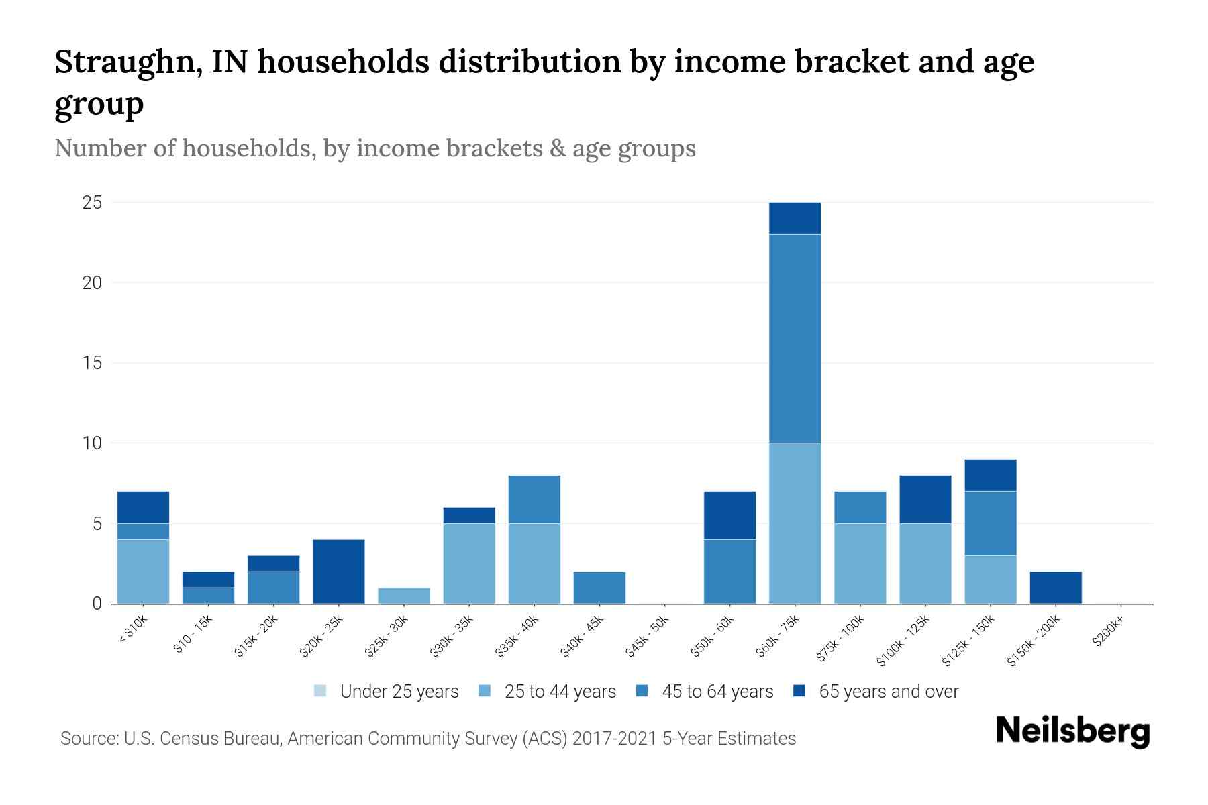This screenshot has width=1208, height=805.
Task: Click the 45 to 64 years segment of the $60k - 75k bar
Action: point(795,339)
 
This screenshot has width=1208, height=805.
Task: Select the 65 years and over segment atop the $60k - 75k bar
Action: point(795,218)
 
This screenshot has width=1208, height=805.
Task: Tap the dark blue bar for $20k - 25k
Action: point(339,572)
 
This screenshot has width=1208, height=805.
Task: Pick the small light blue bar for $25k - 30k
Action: point(404,596)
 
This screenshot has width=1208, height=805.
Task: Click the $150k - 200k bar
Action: point(1056,588)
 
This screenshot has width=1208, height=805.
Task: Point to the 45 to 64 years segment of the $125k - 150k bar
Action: point(991,523)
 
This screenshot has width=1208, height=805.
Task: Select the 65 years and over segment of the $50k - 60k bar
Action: point(729,515)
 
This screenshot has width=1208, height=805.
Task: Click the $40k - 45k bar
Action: point(599,588)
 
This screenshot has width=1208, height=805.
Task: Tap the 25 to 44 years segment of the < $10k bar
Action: point(143,572)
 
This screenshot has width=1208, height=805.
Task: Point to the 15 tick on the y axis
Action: point(92,363)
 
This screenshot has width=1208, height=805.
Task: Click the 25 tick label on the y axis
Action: point(92,202)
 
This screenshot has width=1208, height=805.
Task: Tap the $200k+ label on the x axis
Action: point(1108,633)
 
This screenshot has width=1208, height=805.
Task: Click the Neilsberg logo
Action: point(1072,731)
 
